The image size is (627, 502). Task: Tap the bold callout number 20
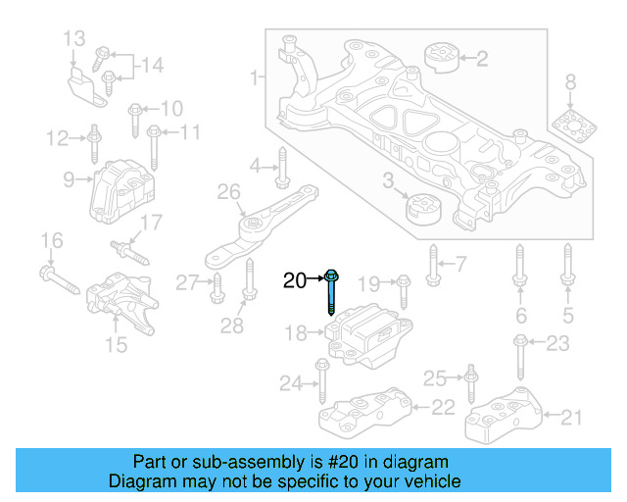295,281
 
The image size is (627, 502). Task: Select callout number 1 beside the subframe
255,75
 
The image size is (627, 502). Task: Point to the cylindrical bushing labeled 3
424,209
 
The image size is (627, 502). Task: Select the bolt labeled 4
281,168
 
